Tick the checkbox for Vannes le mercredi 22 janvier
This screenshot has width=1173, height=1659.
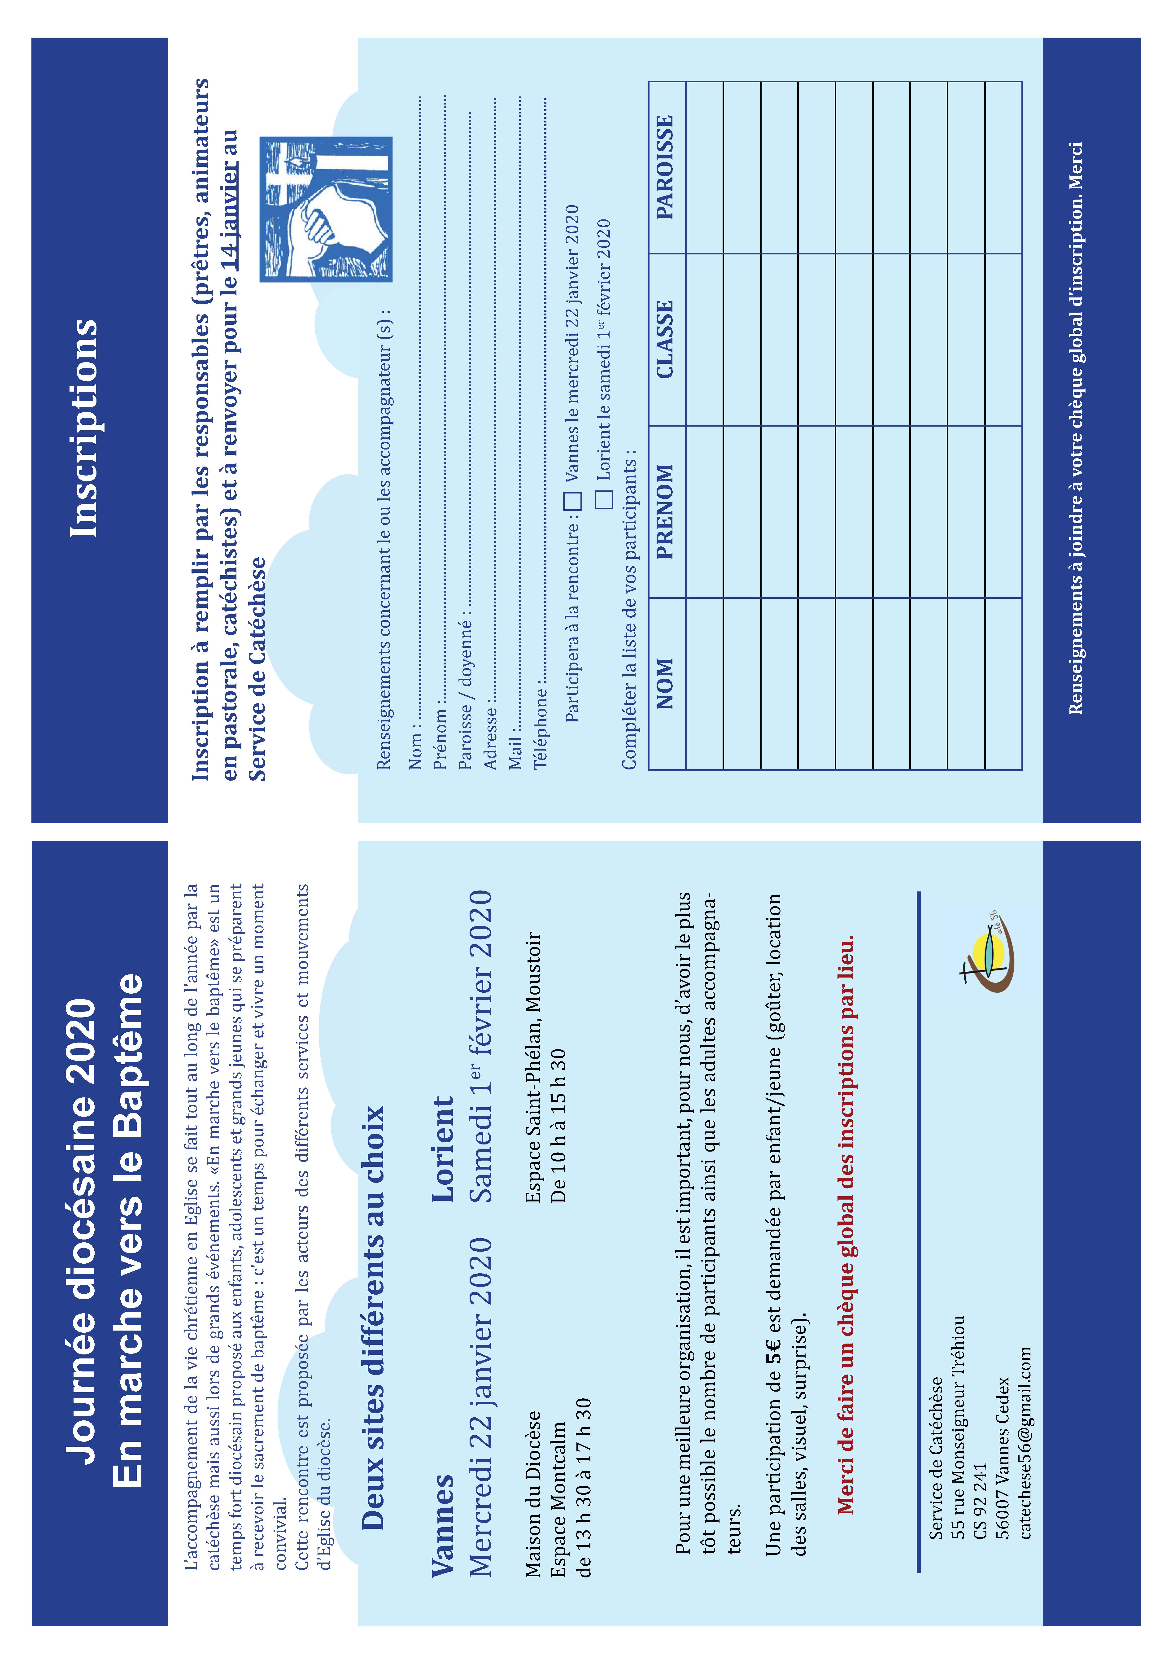[x=572, y=500]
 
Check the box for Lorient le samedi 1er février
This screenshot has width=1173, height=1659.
[x=604, y=498]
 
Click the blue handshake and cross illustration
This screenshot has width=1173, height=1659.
[x=326, y=209]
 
